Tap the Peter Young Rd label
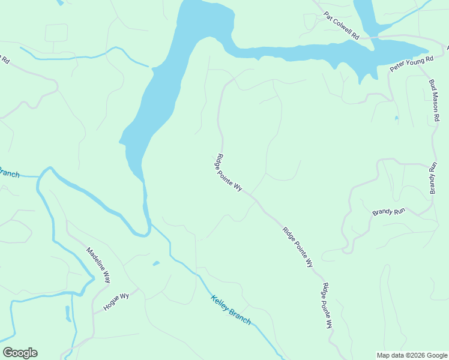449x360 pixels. [x=411, y=64]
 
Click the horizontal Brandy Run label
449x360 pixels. [x=389, y=212]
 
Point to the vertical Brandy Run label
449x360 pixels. [x=433, y=178]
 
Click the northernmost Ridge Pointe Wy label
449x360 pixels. [x=228, y=173]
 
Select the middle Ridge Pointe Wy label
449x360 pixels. [x=298, y=247]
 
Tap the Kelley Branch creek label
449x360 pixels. [x=231, y=310]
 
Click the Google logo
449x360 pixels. [x=20, y=353]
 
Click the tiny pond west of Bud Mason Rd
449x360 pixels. [x=396, y=118]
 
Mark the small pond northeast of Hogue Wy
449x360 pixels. [x=156, y=263]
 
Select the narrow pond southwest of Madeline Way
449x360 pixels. [x=68, y=313]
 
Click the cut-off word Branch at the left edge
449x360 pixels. [x=9, y=173]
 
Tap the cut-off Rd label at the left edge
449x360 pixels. [x=5, y=59]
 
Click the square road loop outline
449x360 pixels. [x=56, y=33]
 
